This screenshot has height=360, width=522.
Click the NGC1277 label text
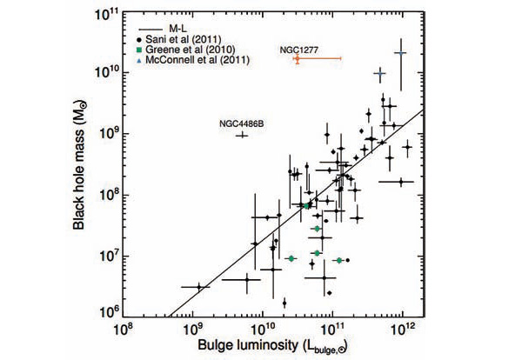click(298, 50)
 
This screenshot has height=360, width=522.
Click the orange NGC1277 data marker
click(298, 58)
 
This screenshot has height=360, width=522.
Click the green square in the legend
click(140, 50)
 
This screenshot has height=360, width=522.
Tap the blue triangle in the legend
click(140, 61)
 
